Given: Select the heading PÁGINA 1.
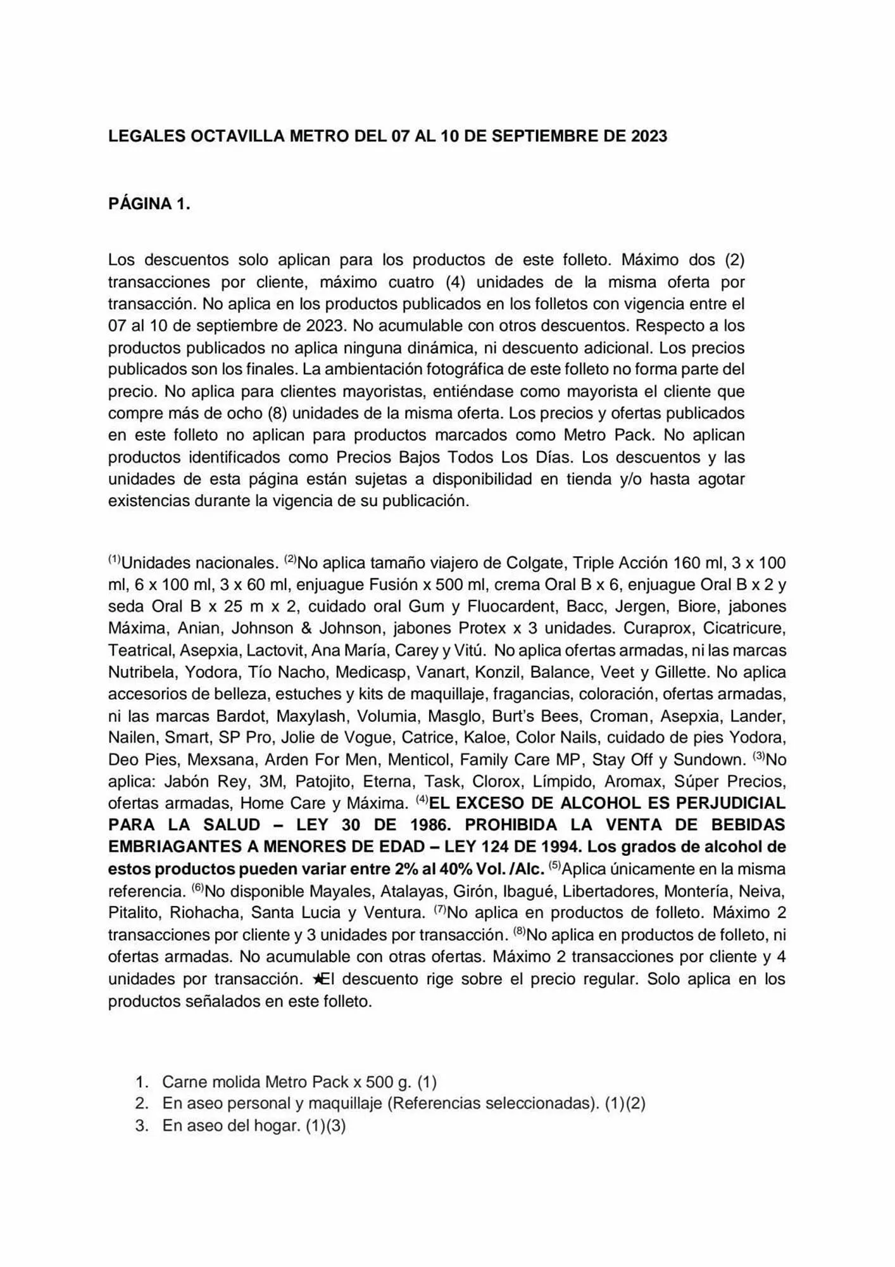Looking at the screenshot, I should click(x=149, y=204).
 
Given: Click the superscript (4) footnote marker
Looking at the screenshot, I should click(x=422, y=800).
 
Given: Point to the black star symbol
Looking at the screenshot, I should click(x=318, y=979).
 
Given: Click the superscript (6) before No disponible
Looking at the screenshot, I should click(x=197, y=889).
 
